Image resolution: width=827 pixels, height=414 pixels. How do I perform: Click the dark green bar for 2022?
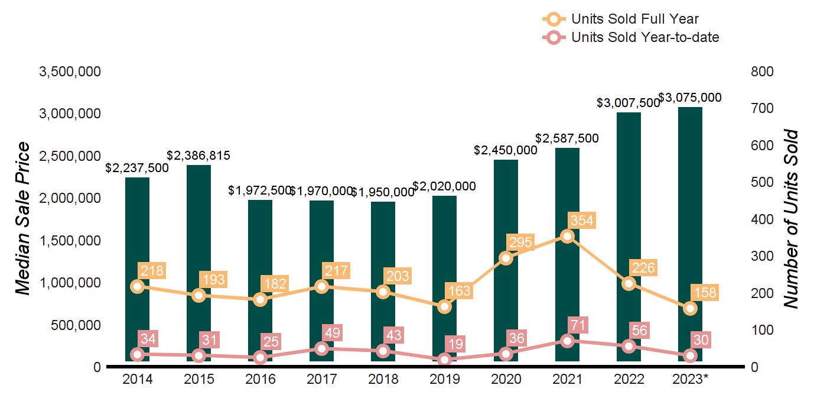(629, 237)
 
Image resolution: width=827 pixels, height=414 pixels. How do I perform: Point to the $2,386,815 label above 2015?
(198, 156)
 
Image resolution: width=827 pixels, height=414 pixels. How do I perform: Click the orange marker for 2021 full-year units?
(567, 237)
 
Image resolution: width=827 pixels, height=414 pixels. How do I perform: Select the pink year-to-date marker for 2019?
(444, 360)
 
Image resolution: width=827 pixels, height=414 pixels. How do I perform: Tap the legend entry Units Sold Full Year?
(635, 20)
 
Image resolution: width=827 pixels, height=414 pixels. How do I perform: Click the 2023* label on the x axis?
(690, 379)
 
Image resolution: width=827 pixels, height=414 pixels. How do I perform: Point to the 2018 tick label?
(383, 379)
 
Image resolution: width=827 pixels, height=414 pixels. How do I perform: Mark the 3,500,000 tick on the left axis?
(70, 72)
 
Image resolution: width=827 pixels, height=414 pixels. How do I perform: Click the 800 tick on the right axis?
(762, 72)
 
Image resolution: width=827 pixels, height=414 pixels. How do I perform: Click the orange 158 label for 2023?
(705, 293)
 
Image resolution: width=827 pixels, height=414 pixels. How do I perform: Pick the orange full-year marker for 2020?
(506, 258)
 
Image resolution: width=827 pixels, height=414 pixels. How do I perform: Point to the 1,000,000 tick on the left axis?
(70, 283)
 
